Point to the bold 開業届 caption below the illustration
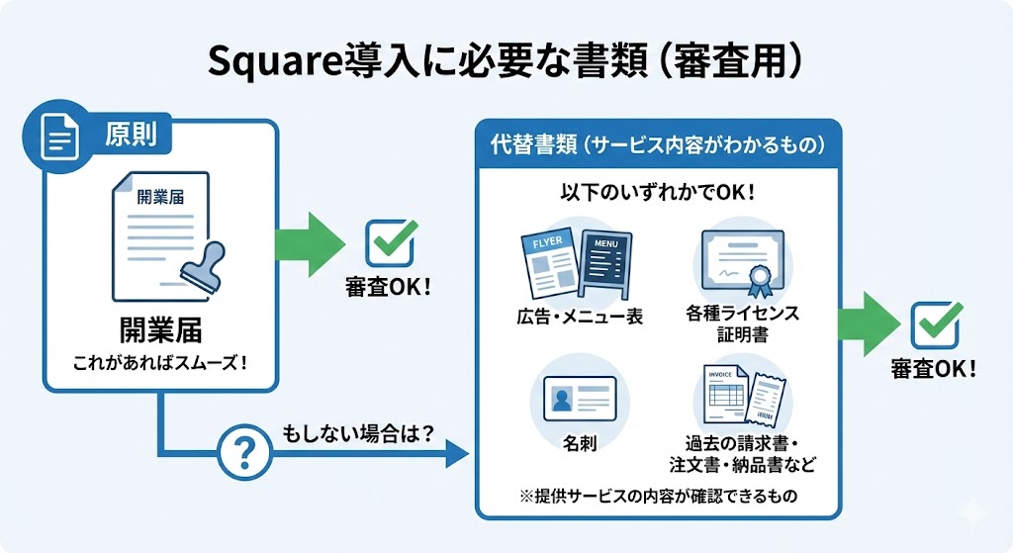(x=158, y=329)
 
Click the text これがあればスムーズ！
(x=159, y=363)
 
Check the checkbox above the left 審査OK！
(x=388, y=242)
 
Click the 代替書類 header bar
(x=658, y=143)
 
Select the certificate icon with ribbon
(x=742, y=262)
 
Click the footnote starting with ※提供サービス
(x=658, y=494)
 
